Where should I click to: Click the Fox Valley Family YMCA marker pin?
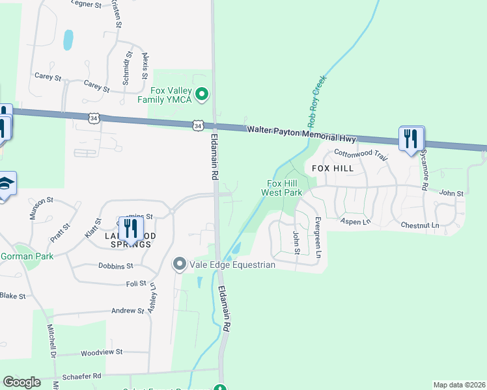pos(202,95)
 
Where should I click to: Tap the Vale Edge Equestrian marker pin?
pos(180,264)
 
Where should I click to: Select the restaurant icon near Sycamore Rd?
pos(411,139)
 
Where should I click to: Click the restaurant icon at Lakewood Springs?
pos(131,229)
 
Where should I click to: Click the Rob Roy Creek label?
pos(317,101)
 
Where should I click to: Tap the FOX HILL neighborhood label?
pos(333,168)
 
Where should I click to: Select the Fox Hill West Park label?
pos(282,188)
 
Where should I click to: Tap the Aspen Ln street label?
pos(355,222)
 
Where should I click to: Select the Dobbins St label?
pos(115,266)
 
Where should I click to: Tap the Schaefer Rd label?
pos(81,376)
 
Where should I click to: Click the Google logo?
pos(21,382)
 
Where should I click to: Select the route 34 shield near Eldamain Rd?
pos(199,124)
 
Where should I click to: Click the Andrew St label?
pos(127,311)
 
